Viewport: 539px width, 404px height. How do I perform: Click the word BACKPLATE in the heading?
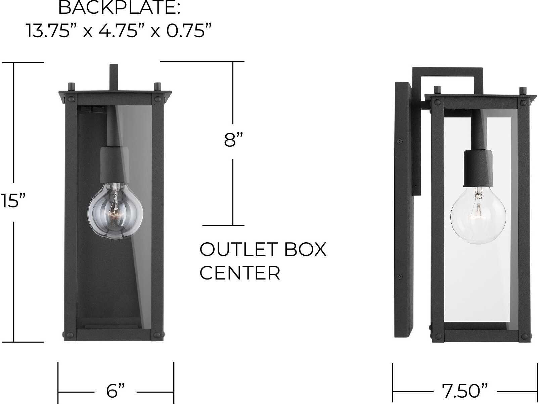tap(119, 8)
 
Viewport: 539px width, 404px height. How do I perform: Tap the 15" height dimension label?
tap(13, 201)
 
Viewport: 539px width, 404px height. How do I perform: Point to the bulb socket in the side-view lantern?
tap(478, 168)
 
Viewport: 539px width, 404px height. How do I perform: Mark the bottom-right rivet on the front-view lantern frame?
tap(157, 335)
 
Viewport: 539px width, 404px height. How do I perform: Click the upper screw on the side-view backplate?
tap(400, 141)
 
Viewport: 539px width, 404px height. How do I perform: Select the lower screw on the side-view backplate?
tap(400, 276)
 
